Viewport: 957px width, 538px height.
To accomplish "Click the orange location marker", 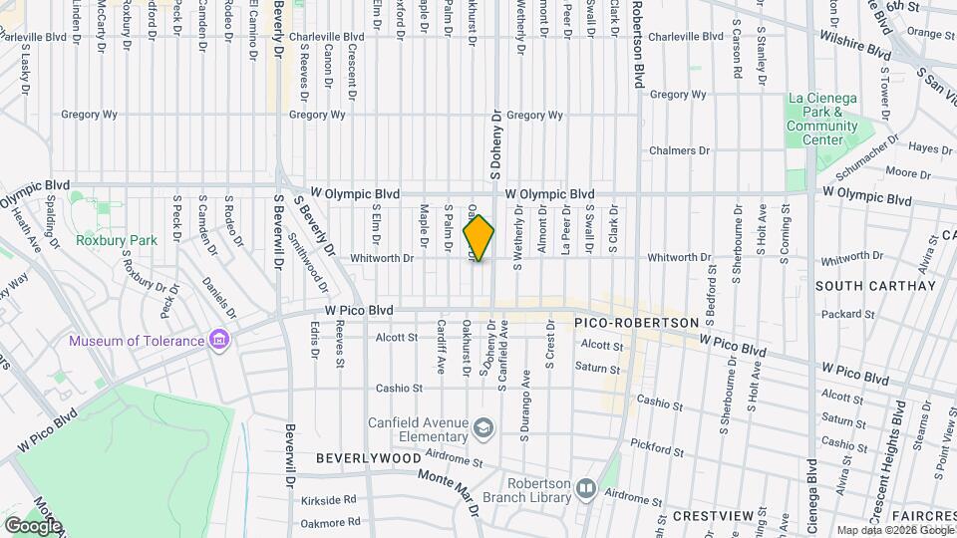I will [x=478, y=238].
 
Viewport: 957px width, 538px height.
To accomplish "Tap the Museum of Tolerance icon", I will [x=220, y=342].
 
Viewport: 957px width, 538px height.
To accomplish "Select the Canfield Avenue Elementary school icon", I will [x=483, y=428].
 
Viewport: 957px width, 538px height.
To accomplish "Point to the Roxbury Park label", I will [x=117, y=240].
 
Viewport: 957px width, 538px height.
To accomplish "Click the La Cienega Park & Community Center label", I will [x=821, y=119].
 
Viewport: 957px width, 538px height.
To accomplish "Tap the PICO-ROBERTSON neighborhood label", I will [x=635, y=324].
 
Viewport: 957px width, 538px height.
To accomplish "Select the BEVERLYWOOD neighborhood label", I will [x=368, y=458].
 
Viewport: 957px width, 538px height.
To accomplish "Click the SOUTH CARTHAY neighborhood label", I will [x=875, y=286].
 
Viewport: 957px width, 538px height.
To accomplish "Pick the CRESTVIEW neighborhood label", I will [x=710, y=516].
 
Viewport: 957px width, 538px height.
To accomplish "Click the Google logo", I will [x=33, y=525].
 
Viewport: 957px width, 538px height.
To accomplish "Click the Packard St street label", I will [x=849, y=314].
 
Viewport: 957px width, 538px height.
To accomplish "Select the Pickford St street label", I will [x=655, y=447].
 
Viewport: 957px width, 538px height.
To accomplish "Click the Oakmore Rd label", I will [x=330, y=522].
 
